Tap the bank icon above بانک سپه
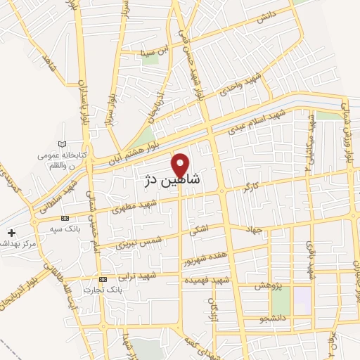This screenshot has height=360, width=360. pyautogui.click(x=65, y=218)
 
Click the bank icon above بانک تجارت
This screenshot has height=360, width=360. pyautogui.click(x=103, y=279)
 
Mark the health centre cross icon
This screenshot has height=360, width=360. pyautogui.click(x=11, y=232)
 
